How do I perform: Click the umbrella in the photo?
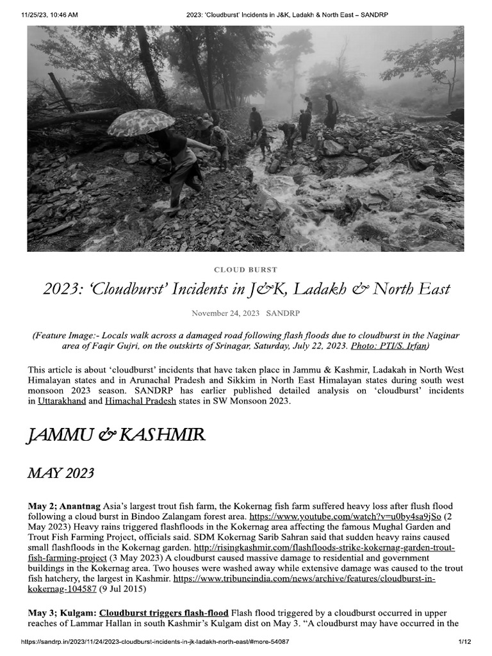click(x=141, y=122)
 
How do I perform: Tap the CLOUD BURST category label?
click(x=245, y=270)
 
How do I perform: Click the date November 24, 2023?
click(x=225, y=313)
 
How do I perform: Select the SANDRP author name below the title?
click(x=283, y=313)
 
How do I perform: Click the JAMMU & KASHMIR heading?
click(x=116, y=436)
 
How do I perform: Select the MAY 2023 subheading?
click(x=61, y=473)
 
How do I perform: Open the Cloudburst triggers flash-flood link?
click(x=163, y=614)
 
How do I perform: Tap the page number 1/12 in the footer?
click(x=464, y=641)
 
